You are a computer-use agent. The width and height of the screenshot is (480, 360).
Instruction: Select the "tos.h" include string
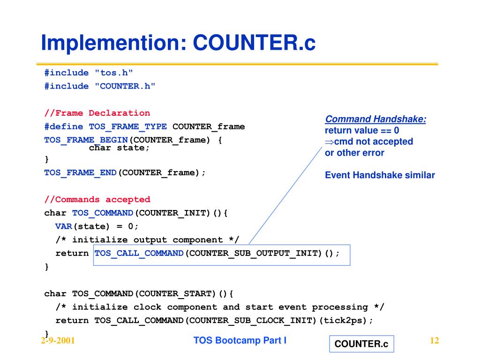click(x=114, y=73)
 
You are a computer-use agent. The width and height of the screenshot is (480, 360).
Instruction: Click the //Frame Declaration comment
click(x=97, y=113)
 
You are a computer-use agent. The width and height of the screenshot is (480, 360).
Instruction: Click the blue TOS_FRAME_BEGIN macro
click(x=86, y=140)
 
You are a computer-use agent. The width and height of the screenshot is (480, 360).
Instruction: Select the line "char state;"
click(x=120, y=148)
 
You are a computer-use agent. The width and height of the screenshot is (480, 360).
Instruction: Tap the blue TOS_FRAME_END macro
click(x=81, y=172)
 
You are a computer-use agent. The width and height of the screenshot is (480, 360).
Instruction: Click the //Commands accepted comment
click(x=97, y=200)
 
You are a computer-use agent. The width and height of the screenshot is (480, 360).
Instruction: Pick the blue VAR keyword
click(x=64, y=226)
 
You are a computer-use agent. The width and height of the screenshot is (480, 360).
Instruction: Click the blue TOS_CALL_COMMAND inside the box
click(x=139, y=254)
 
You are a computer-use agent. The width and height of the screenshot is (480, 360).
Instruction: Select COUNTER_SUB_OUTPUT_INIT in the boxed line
click(x=253, y=254)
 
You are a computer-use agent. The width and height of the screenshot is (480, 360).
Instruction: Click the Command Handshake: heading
click(x=375, y=119)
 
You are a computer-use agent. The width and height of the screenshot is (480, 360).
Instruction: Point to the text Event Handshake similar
click(x=380, y=175)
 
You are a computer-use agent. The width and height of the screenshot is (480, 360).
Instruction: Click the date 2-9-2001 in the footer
click(x=58, y=341)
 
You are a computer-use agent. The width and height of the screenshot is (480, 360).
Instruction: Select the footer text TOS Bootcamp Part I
click(x=240, y=341)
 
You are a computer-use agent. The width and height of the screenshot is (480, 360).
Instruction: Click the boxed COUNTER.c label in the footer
click(x=361, y=344)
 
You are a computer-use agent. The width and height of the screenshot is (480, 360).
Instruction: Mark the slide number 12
click(x=434, y=341)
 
